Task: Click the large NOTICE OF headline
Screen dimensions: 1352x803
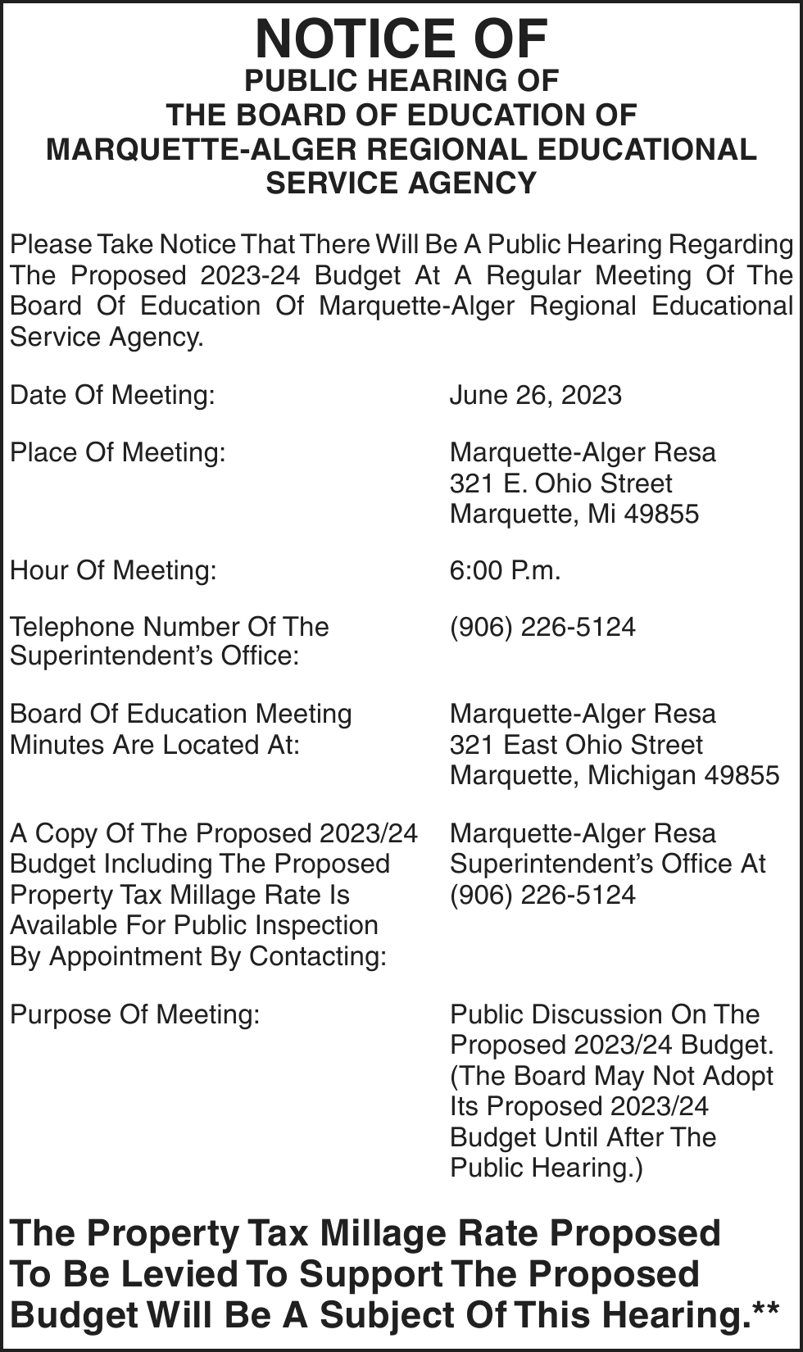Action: click(401, 39)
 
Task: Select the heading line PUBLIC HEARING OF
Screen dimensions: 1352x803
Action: click(401, 81)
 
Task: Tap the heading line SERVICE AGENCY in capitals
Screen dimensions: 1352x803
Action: click(401, 183)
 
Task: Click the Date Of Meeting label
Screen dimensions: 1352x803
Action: click(112, 395)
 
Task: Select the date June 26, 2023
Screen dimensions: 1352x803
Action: click(535, 395)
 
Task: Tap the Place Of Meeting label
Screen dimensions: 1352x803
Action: click(117, 452)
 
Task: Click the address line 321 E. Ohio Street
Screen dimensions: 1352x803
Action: click(560, 483)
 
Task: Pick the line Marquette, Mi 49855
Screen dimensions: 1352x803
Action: click(574, 514)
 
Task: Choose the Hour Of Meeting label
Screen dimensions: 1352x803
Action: click(113, 570)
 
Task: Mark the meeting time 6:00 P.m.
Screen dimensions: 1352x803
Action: click(505, 570)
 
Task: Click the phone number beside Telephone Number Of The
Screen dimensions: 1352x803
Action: click(542, 627)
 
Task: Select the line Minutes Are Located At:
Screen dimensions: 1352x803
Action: click(154, 745)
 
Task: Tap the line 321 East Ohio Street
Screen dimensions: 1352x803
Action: click(576, 745)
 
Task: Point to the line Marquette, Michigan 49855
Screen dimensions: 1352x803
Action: click(615, 775)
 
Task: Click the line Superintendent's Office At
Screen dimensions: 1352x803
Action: click(607, 864)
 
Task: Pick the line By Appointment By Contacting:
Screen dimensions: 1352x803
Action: click(197, 956)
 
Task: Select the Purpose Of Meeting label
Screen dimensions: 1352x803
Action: click(134, 1014)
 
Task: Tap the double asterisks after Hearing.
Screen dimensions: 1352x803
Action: click(765, 1309)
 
